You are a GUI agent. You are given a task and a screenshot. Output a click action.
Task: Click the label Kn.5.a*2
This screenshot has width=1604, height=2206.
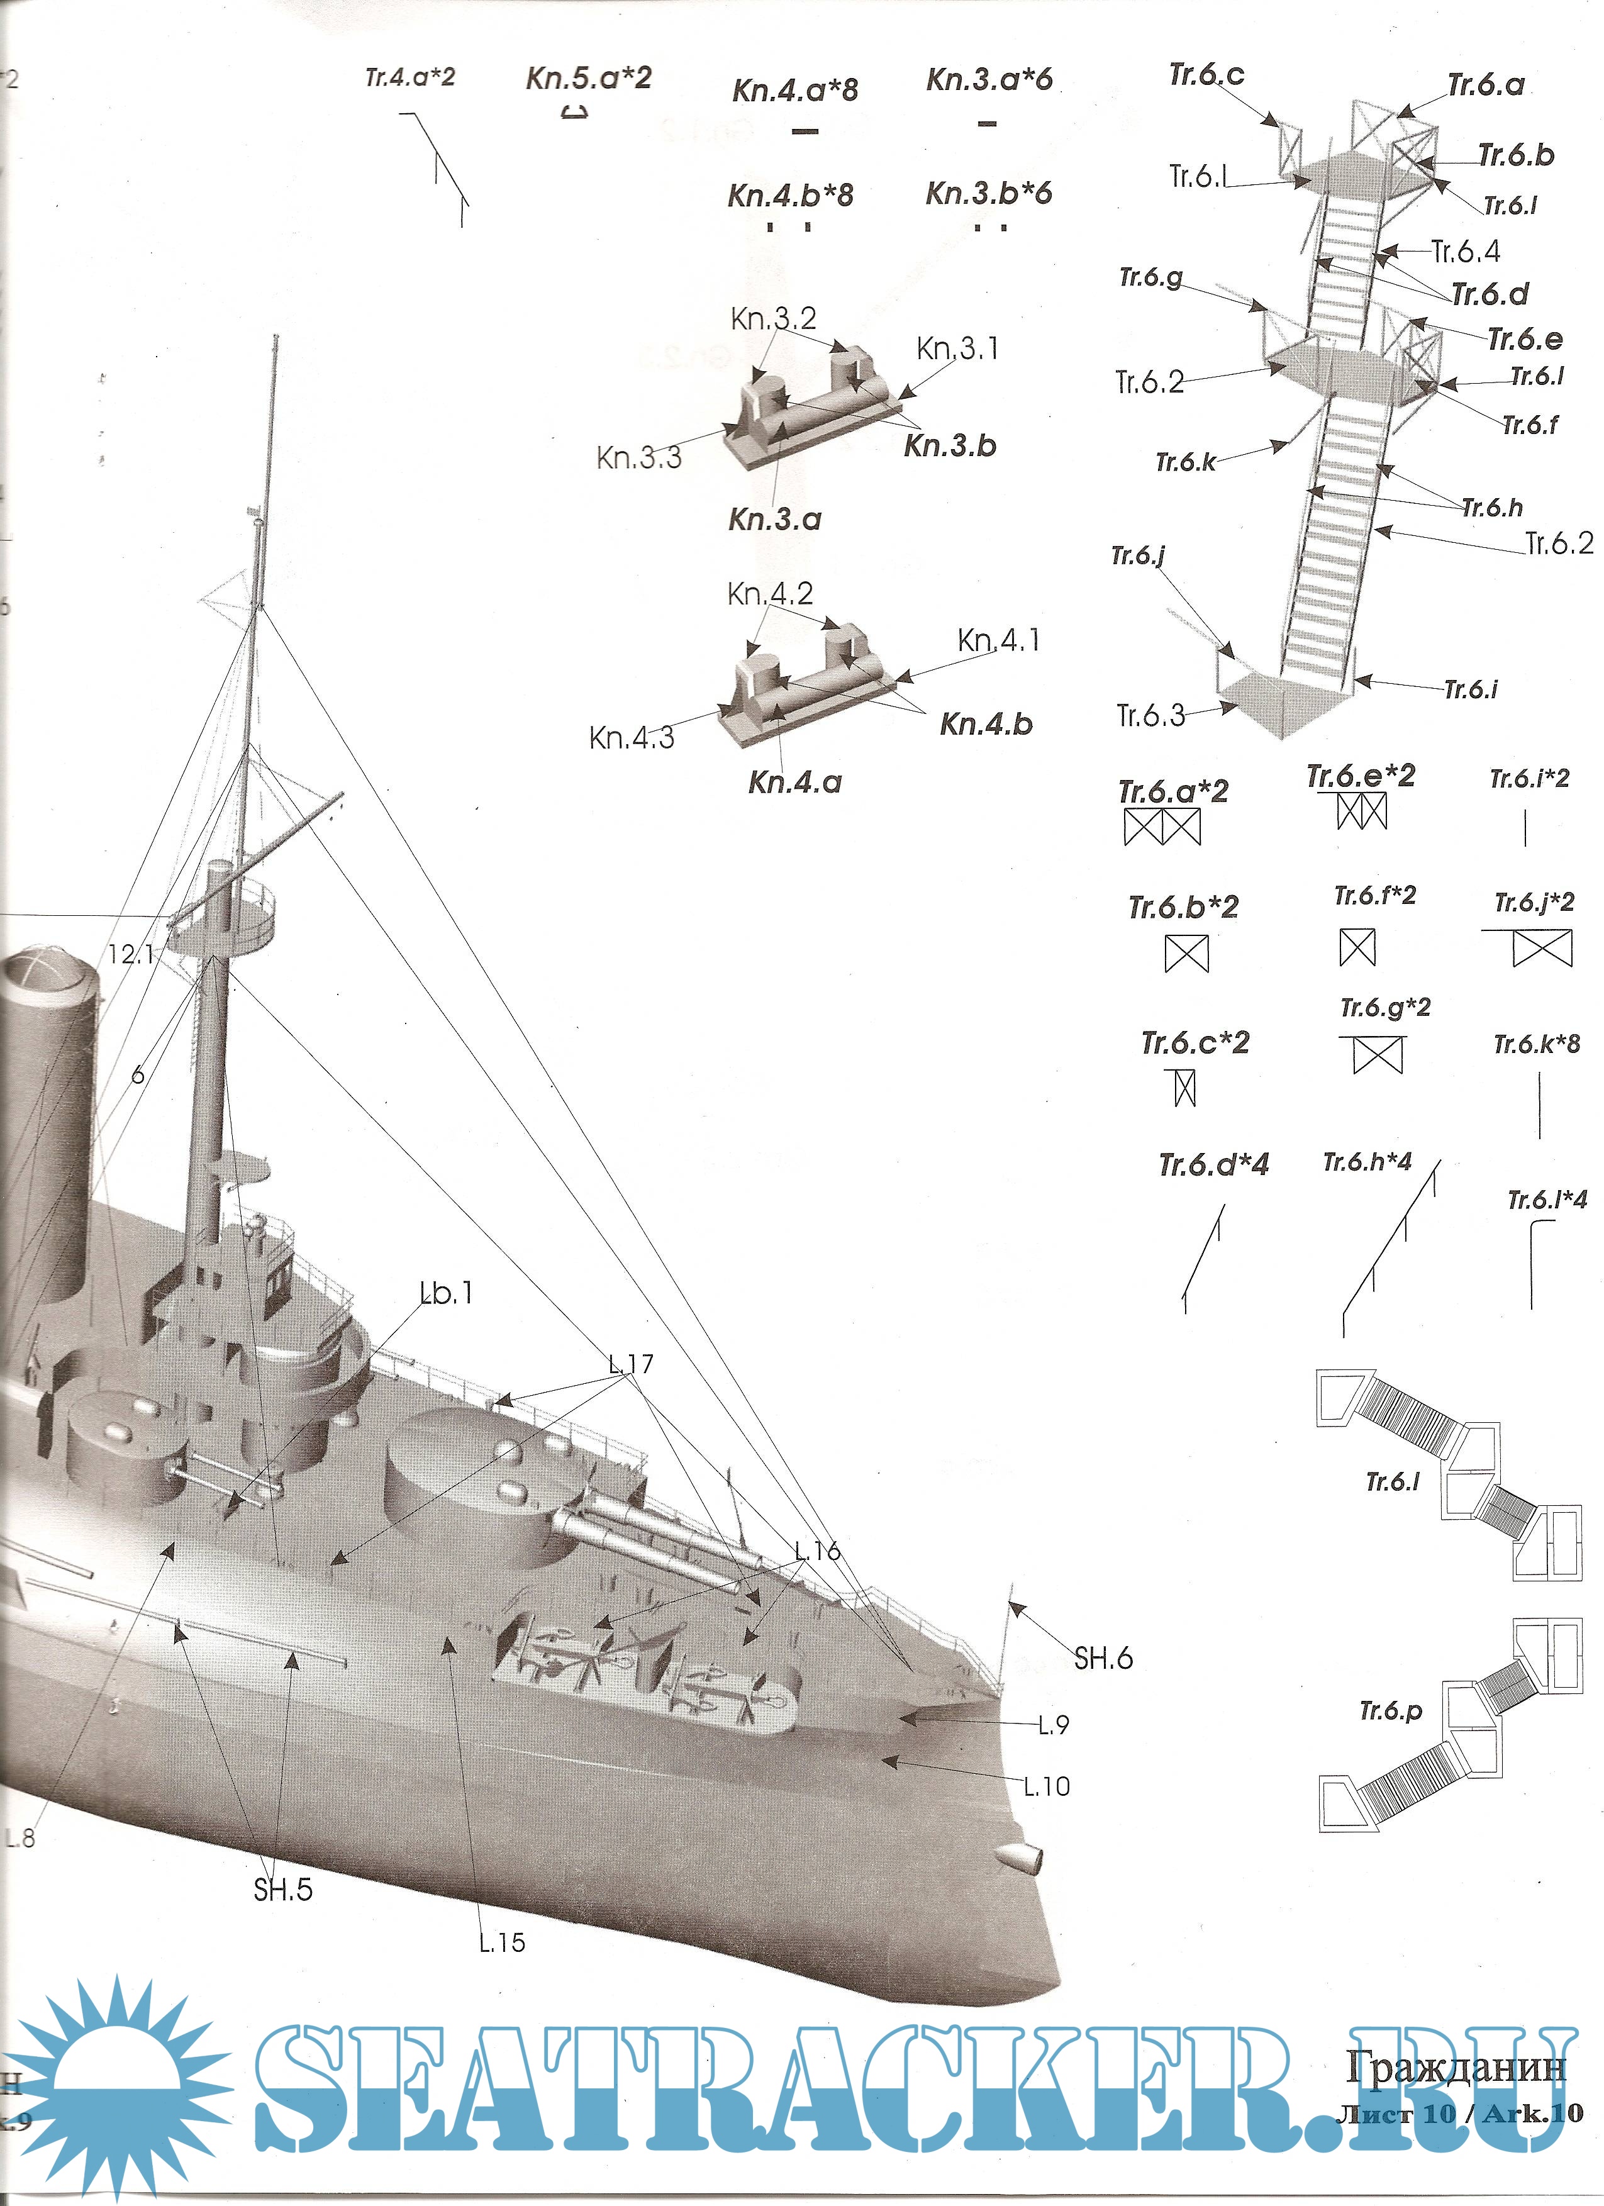pyautogui.click(x=589, y=78)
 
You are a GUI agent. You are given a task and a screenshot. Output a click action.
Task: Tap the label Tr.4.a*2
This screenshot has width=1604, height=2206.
pyautogui.click(x=409, y=78)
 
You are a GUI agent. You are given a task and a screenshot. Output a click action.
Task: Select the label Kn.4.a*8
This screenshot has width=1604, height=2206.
pyautogui.click(x=794, y=91)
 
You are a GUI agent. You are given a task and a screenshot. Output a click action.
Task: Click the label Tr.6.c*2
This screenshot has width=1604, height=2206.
pyautogui.click(x=1195, y=1043)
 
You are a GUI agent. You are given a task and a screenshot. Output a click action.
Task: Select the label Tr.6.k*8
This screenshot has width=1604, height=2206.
pyautogui.click(x=1537, y=1045)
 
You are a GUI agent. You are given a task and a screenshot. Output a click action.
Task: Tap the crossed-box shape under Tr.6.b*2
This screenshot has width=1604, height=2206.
pyautogui.click(x=1186, y=953)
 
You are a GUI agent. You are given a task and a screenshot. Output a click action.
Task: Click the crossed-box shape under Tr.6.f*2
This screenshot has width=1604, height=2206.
pyautogui.click(x=1357, y=947)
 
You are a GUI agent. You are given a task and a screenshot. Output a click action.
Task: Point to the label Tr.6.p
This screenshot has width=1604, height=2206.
pyautogui.click(x=1390, y=1711)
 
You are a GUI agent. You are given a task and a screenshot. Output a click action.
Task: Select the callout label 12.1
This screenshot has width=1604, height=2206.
pyautogui.click(x=130, y=954)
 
